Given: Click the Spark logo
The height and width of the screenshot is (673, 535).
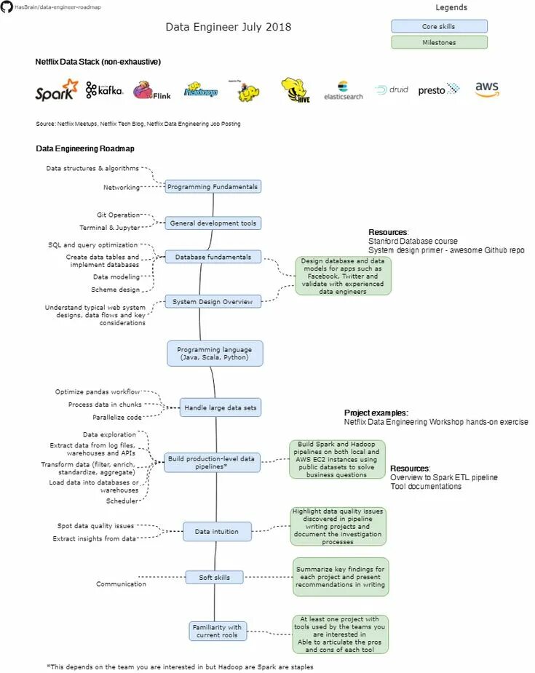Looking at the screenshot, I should pyautogui.click(x=56, y=90).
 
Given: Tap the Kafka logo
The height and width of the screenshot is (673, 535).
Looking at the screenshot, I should pyautogui.click(x=104, y=89).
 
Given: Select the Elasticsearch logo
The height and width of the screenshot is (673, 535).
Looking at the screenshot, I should pyautogui.click(x=343, y=91).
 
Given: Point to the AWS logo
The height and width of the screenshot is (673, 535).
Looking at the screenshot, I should pyautogui.click(x=487, y=89).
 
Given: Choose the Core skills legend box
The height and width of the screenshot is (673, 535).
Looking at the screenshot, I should pyautogui.click(x=439, y=26).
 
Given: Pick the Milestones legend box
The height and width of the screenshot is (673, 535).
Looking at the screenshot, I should pyautogui.click(x=439, y=42).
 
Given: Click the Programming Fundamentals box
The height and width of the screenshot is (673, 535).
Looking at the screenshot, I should pyautogui.click(x=213, y=186).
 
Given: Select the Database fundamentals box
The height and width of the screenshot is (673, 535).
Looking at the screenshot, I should pyautogui.click(x=213, y=257).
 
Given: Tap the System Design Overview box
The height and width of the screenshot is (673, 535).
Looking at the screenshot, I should pyautogui.click(x=213, y=301).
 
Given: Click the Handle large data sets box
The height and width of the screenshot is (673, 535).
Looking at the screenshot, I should pyautogui.click(x=220, y=408).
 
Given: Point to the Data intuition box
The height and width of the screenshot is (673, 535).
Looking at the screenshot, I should pyautogui.click(x=216, y=532).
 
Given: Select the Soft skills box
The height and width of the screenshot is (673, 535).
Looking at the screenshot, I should pyautogui.click(x=214, y=578).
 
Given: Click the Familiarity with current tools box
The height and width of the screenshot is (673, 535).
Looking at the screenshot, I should pyautogui.click(x=216, y=631).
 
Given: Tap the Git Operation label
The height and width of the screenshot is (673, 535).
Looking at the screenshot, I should pyautogui.click(x=118, y=215).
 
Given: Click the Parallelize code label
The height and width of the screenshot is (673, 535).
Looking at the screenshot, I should pyautogui.click(x=117, y=418).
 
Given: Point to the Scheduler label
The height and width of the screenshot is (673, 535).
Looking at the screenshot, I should pyautogui.click(x=122, y=501).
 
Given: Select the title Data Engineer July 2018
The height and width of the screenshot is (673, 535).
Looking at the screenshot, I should pyautogui.click(x=228, y=27).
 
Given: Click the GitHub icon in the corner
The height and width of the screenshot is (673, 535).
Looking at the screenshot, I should pyautogui.click(x=7, y=7).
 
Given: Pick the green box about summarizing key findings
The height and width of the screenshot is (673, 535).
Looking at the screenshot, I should pyautogui.click(x=341, y=577).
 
